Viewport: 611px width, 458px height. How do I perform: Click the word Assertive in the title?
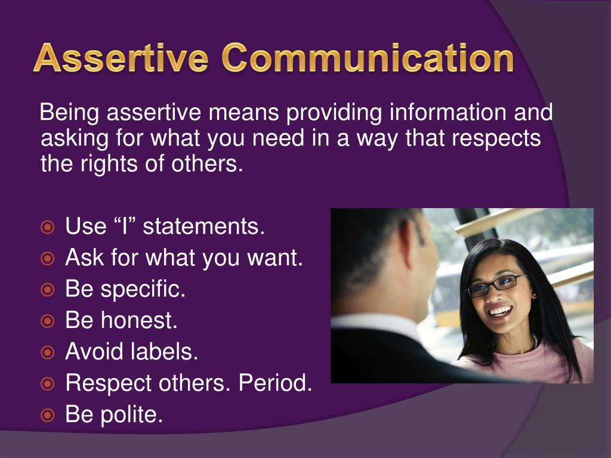(121, 58)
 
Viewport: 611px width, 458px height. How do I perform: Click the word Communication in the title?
(368, 58)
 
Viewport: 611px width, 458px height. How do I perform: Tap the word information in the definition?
(448, 112)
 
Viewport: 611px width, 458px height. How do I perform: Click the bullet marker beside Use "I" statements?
(48, 227)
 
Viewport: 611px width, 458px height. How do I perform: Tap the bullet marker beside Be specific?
(48, 289)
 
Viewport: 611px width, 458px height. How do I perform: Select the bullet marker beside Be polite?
(48, 415)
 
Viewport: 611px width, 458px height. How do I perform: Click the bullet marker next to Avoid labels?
(48, 352)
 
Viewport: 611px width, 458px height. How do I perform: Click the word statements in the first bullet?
(204, 226)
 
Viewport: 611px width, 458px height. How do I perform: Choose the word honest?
(139, 320)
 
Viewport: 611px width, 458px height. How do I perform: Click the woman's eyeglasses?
(496, 286)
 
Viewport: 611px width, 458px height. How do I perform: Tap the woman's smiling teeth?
(501, 311)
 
